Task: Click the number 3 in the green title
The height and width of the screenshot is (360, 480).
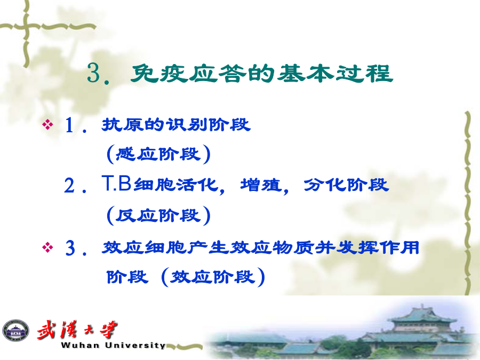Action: tap(94, 73)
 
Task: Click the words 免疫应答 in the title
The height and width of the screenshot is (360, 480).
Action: tap(188, 74)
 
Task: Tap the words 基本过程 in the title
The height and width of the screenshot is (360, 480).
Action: tap(335, 73)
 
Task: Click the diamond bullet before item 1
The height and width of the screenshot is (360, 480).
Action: tap(48, 124)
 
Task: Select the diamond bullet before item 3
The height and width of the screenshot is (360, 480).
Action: tap(48, 247)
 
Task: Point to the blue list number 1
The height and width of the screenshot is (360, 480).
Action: tap(69, 125)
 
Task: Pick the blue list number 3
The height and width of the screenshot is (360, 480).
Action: tap(70, 247)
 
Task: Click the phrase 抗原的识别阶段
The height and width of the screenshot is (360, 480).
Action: tap(176, 124)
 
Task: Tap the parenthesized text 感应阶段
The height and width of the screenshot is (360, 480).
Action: tap(158, 154)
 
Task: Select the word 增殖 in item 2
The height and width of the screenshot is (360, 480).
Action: tap(260, 185)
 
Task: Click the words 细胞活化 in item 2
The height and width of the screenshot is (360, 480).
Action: tap(176, 185)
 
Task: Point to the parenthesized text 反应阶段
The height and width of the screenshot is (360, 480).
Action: tap(158, 215)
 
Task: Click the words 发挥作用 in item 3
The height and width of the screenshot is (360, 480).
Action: tap(378, 247)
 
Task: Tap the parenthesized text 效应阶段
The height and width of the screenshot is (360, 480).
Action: tap(213, 277)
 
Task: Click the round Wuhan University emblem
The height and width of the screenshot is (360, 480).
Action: tap(15, 331)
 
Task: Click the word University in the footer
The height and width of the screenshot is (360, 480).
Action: tap(135, 345)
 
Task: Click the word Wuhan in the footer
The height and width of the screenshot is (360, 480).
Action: tap(80, 345)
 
